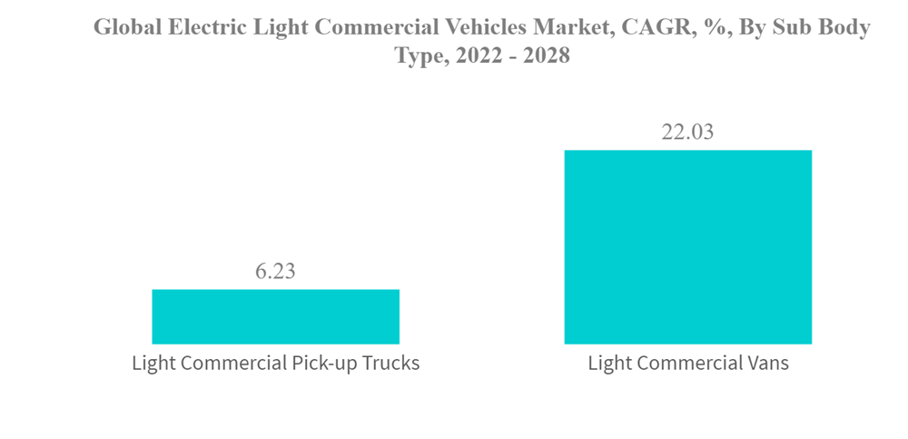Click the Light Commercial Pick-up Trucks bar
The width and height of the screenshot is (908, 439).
click(275, 316)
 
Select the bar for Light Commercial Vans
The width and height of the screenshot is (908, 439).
click(687, 247)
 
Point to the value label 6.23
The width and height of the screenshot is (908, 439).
click(274, 272)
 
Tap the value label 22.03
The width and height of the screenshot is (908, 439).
click(687, 132)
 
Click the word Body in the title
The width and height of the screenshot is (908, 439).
click(844, 28)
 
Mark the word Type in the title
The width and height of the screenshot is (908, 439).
click(419, 55)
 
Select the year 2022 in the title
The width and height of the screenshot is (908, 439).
click(478, 55)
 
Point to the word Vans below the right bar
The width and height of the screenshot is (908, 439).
click(766, 364)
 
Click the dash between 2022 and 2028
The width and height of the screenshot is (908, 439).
click(512, 56)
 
